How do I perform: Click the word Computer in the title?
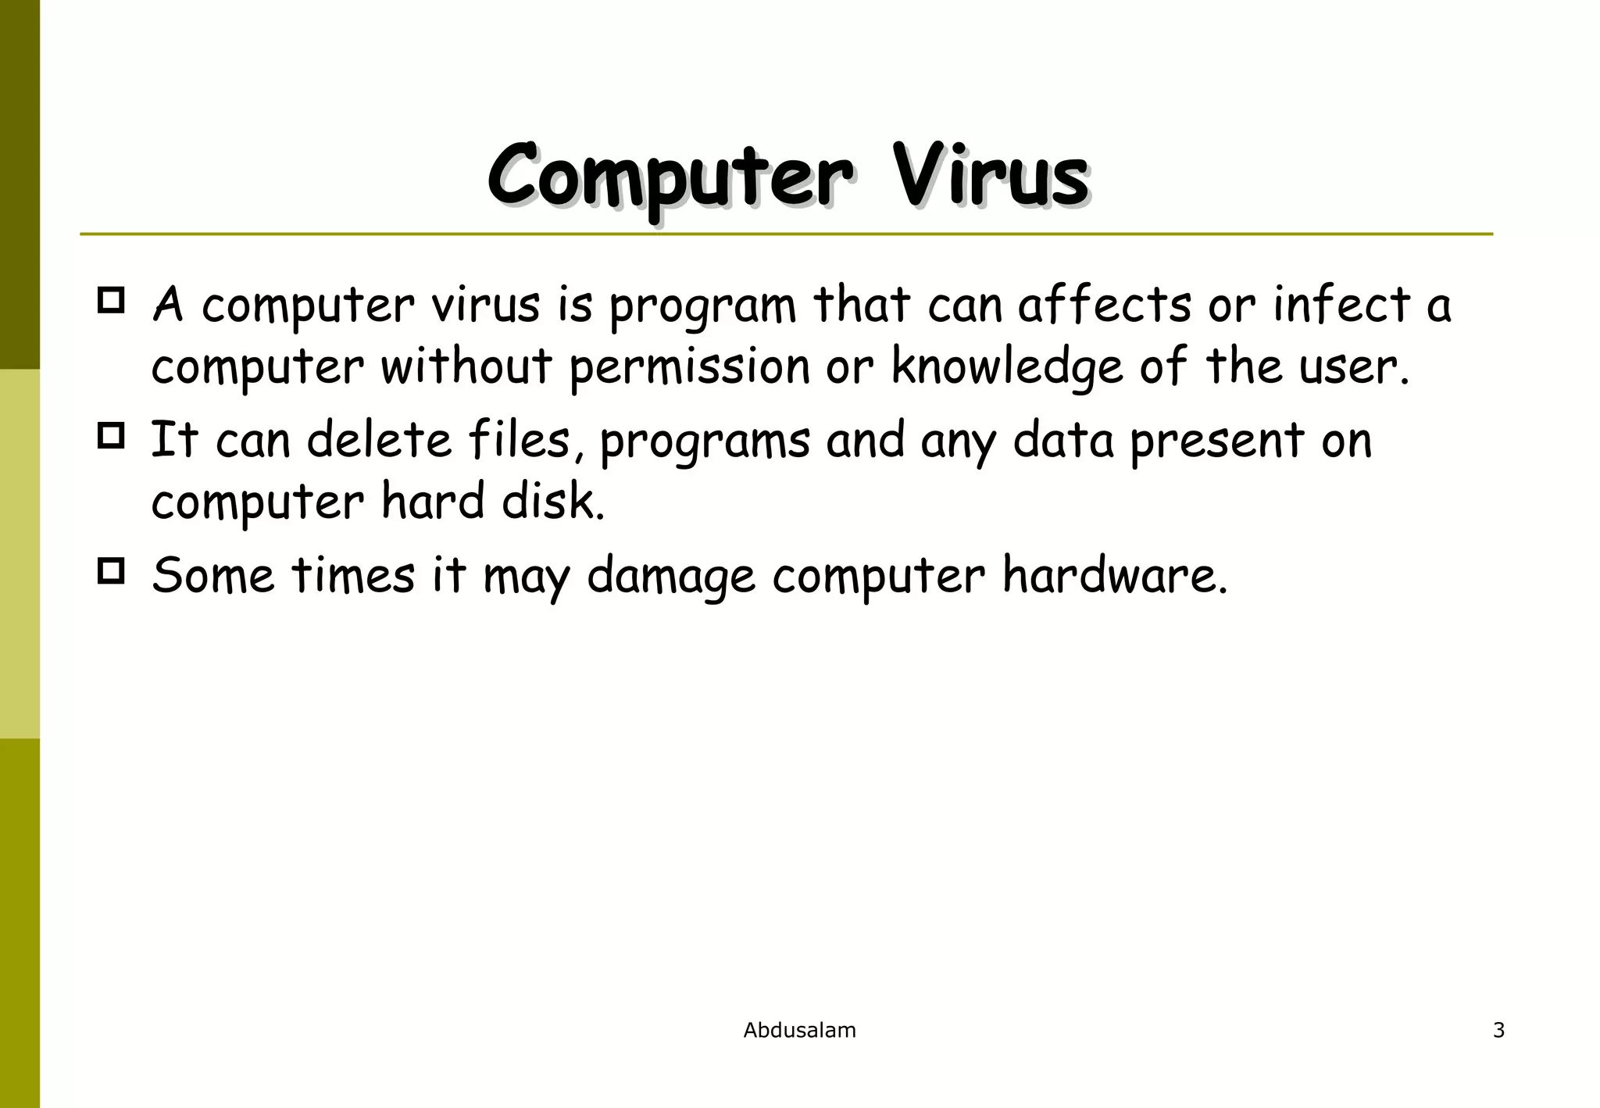click(670, 176)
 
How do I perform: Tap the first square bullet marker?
click(111, 301)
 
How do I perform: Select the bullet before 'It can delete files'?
click(111, 436)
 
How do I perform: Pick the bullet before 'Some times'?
click(111, 571)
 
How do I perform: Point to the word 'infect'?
click(1341, 305)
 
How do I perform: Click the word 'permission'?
click(689, 367)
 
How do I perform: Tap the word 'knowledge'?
click(1006, 367)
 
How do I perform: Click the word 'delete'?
click(379, 440)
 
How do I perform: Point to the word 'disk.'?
click(553, 502)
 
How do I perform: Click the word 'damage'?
click(670, 577)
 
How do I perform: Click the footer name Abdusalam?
click(799, 1031)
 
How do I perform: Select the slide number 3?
click(1498, 1031)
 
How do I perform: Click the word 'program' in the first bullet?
click(702, 306)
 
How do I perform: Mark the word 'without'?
click(466, 367)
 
